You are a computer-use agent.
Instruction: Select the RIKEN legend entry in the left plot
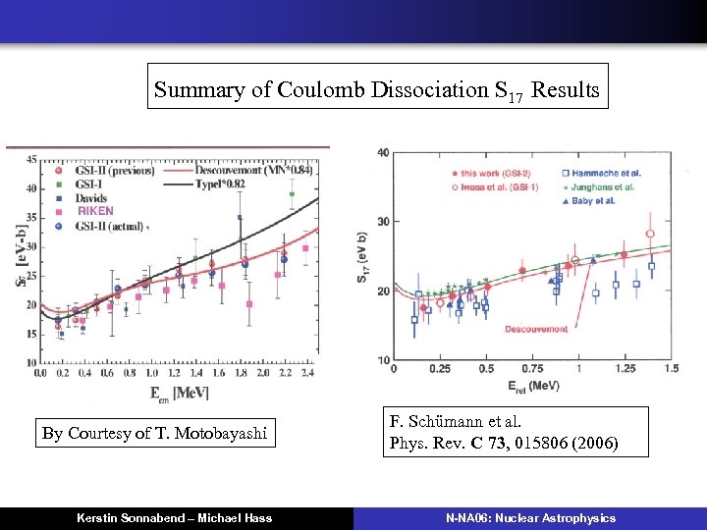click(95, 210)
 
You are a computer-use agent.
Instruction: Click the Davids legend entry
click(92, 197)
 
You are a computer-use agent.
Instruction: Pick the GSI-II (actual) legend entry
click(109, 225)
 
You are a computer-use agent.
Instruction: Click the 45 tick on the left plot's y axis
click(31, 159)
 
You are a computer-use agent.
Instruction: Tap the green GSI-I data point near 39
click(291, 194)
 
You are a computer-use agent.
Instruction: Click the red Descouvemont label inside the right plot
click(536, 330)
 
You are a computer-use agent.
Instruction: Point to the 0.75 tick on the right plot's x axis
click(532, 369)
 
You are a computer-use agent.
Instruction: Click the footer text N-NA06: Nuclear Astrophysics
click(530, 517)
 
